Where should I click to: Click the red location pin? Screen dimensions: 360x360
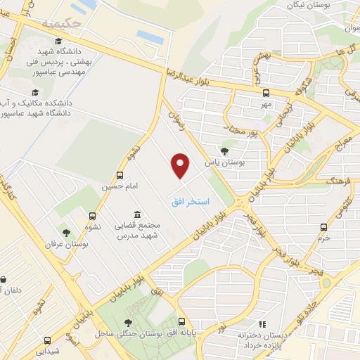(x=181, y=166)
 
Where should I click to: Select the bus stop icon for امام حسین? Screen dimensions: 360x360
(x=120, y=175)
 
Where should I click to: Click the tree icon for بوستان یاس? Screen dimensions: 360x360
(x=224, y=150)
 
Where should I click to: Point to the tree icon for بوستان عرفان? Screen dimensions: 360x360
(x=65, y=232)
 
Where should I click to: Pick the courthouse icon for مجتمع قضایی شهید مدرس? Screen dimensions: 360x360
(x=136, y=214)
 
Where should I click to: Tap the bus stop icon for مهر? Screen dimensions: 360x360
(x=266, y=93)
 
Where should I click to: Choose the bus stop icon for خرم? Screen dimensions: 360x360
(x=323, y=226)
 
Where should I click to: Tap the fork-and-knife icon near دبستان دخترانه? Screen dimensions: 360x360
(x=262, y=324)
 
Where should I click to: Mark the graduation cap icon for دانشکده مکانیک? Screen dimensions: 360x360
(x=34, y=92)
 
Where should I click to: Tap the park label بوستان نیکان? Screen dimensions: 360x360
(x=310, y=5)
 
